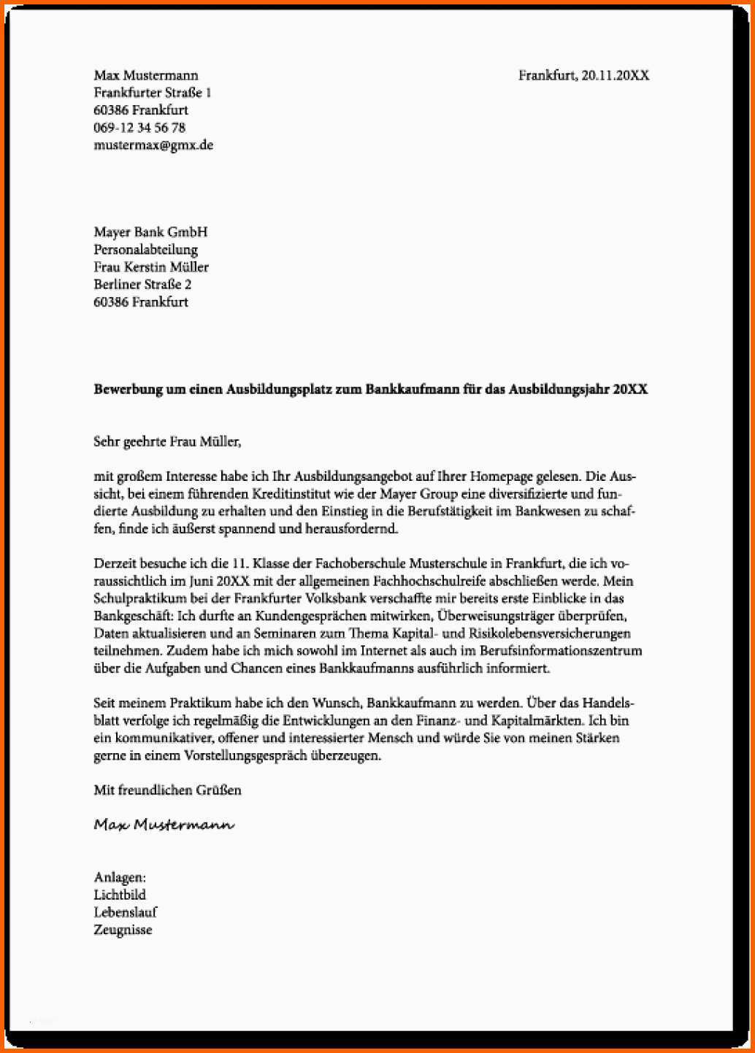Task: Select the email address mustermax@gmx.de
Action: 153,145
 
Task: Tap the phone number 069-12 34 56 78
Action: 139,128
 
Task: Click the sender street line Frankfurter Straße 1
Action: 153,93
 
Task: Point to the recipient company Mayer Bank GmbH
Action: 150,232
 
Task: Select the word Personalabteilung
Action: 145,250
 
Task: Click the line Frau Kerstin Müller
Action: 151,267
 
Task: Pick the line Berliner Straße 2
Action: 142,285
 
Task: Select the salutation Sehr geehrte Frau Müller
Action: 166,441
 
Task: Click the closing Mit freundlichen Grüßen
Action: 167,790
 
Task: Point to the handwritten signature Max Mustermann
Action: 164,825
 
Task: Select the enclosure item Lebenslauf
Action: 125,912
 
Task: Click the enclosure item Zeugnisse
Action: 123,930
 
